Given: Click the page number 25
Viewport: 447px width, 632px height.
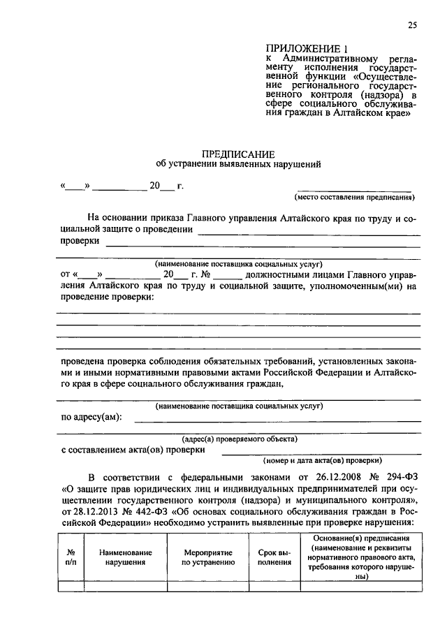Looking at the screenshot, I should [411, 26].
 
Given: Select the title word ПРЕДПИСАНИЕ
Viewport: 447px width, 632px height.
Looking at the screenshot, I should [238, 154].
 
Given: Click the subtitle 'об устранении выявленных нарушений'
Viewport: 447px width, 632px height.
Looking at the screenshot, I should [238, 165].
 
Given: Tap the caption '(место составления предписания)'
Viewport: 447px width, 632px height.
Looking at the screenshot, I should [355, 198].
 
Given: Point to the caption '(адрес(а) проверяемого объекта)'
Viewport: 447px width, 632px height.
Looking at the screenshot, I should [239, 439].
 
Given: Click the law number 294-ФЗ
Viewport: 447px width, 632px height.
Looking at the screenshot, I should [402, 477].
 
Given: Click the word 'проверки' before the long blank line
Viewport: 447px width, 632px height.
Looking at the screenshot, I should [79, 242].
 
